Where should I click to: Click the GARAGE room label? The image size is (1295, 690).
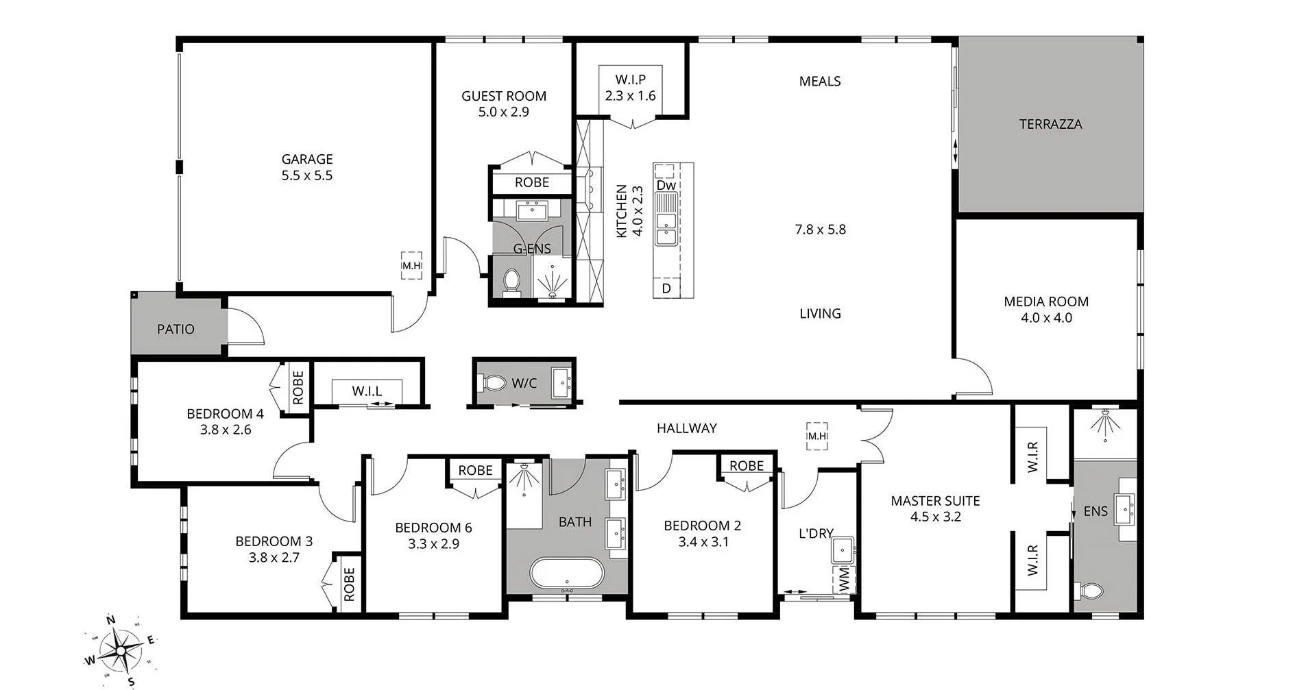coord(306,159)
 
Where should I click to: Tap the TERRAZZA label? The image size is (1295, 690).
coord(1050,124)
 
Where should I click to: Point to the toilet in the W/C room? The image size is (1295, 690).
coord(492,382)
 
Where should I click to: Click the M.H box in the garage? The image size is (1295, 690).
coord(411,265)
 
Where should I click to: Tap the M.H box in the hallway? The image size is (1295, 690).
coord(816,436)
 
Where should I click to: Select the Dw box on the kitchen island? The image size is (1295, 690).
coord(666,185)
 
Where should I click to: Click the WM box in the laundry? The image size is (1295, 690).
coord(843,580)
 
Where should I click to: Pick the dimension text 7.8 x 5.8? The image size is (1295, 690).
coord(820,230)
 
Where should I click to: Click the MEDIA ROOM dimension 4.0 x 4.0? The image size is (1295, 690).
coord(1046,318)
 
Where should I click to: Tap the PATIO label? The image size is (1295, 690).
coord(176,329)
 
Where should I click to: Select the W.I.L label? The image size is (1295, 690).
coord(367,391)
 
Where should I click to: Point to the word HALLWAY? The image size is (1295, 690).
coord(686,428)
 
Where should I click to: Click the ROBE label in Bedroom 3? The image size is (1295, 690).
coord(349,584)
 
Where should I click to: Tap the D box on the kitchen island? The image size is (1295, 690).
coord(666,288)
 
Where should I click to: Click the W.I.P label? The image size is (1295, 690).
coord(630,79)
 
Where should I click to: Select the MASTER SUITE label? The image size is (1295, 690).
coord(935,501)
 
